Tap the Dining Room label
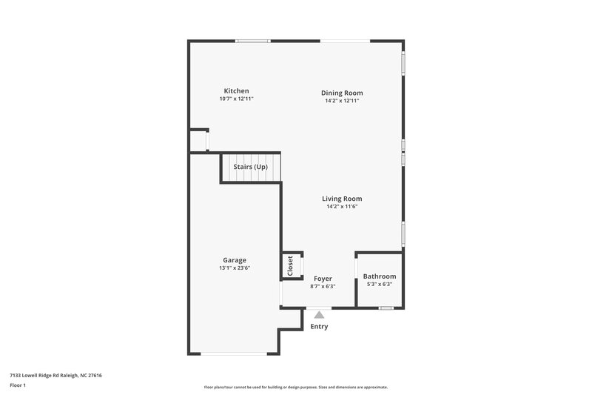[342, 93]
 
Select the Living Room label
[342, 199]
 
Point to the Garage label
[235, 260]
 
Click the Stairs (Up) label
[251, 167]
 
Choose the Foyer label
[323, 279]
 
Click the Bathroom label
[379, 276]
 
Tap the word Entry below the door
[319, 326]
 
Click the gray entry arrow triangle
[319, 314]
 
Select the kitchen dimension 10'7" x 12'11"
[236, 99]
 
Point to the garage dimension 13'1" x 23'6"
[235, 268]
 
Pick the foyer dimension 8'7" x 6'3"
[323, 287]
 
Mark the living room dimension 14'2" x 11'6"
[342, 207]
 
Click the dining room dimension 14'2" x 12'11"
[342, 101]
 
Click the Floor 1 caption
[17, 385]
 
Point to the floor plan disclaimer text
[296, 387]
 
